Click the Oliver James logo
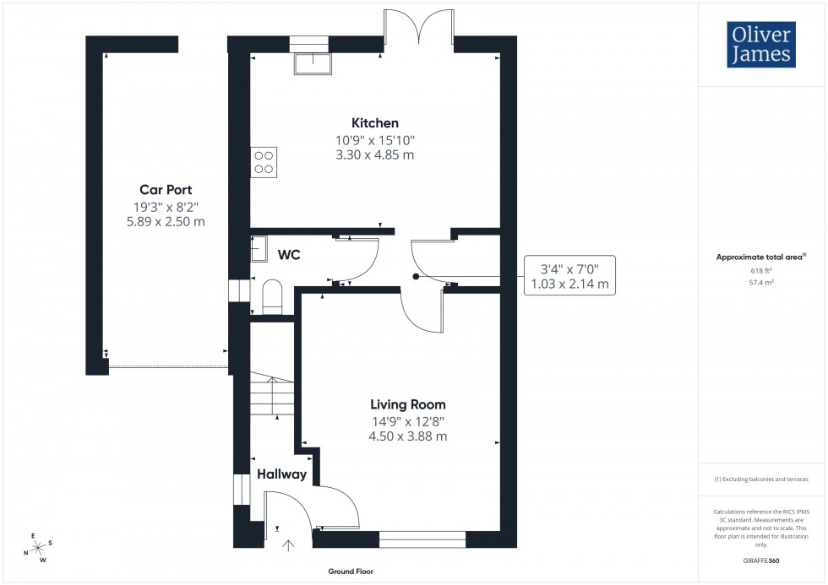[x=762, y=45]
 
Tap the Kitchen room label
[x=376, y=123]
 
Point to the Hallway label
[x=281, y=474]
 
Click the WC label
[x=289, y=254]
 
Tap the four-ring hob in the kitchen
[x=264, y=161]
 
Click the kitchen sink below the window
[x=309, y=62]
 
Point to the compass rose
[x=38, y=547]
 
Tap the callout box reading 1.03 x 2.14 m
[x=569, y=275]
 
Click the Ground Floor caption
[x=351, y=571]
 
